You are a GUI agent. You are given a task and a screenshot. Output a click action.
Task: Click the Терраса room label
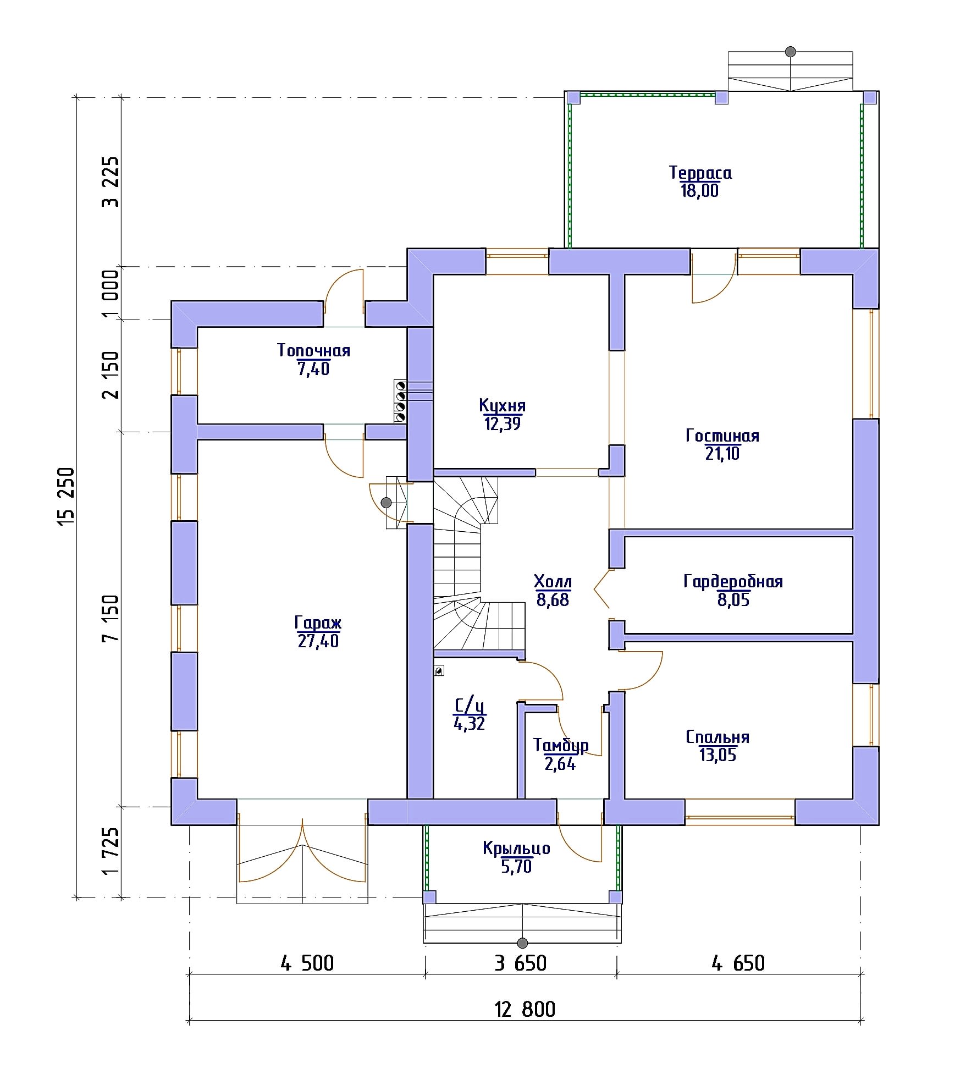point(700,173)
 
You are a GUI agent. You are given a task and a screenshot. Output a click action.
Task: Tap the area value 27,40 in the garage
point(318,641)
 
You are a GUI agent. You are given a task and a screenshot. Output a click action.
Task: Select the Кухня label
point(502,406)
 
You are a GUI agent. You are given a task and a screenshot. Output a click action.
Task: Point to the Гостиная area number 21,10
point(722,454)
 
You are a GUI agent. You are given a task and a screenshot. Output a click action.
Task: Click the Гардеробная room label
point(733,581)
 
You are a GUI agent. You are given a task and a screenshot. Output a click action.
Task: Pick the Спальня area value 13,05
point(717,755)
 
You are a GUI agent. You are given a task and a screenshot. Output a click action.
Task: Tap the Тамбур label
point(561,746)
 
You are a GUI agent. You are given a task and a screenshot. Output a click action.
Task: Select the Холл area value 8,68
point(553,600)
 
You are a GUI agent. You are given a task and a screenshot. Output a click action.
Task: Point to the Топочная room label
point(313,350)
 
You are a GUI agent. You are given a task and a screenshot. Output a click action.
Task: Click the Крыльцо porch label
point(516,849)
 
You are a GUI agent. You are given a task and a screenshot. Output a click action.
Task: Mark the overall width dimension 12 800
point(525,1010)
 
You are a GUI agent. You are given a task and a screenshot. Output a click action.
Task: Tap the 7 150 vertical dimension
point(110,618)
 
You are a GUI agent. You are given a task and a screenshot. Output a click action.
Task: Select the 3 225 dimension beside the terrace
point(110,181)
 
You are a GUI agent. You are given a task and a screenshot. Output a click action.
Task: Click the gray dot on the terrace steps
point(791,52)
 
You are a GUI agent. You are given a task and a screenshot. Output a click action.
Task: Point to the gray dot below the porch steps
point(522,943)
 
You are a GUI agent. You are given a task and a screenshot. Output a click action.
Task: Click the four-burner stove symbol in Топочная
point(400,401)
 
